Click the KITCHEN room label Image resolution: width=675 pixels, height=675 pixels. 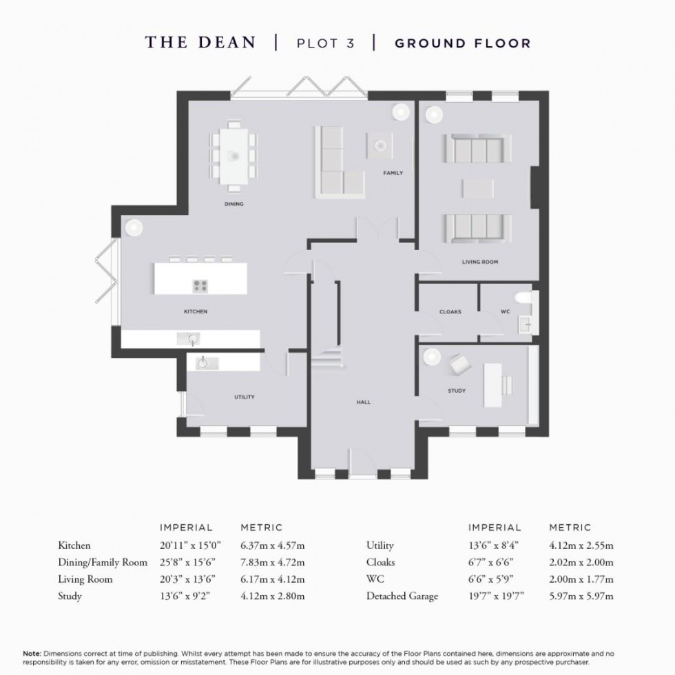tap(195, 312)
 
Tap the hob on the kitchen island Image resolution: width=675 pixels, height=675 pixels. tap(200, 285)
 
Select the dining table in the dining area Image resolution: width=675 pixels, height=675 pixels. tap(234, 156)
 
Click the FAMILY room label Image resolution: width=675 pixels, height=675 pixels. tap(393, 173)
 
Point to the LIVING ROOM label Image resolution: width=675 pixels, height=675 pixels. tap(479, 262)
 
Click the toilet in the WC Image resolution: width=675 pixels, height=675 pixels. tap(527, 298)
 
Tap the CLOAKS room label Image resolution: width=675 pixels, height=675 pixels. tap(450, 312)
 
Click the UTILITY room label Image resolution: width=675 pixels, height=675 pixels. tap(245, 397)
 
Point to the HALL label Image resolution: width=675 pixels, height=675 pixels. tap(364, 402)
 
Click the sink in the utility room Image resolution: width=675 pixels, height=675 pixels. tap(204, 362)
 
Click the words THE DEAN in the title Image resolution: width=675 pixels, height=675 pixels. tap(200, 43)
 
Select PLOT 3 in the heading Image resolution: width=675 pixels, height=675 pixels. tap(325, 43)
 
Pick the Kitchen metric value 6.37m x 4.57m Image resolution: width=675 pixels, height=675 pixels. tap(272, 546)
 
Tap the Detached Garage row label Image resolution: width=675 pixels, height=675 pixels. tap(402, 596)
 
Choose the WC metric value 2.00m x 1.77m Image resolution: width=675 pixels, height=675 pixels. tap(581, 579)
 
